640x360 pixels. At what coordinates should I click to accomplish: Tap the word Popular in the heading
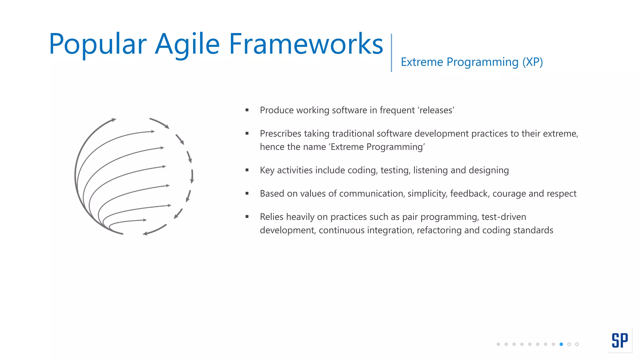pos(97,44)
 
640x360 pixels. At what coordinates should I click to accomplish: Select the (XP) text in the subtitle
pos(532,62)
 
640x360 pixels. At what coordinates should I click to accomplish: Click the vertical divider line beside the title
pos(391,52)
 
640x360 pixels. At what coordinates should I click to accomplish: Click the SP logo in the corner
pos(620,340)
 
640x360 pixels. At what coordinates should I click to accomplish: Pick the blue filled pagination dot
pos(561,344)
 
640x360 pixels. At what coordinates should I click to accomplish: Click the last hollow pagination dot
pos(577,344)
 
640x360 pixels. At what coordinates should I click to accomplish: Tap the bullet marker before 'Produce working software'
pos(247,110)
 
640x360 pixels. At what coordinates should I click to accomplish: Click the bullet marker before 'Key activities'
pos(247,170)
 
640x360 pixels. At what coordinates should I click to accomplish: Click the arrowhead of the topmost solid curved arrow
pos(114,119)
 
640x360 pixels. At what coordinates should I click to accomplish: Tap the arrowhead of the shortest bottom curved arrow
pos(145,220)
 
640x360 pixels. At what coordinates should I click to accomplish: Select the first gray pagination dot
pos(498,344)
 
